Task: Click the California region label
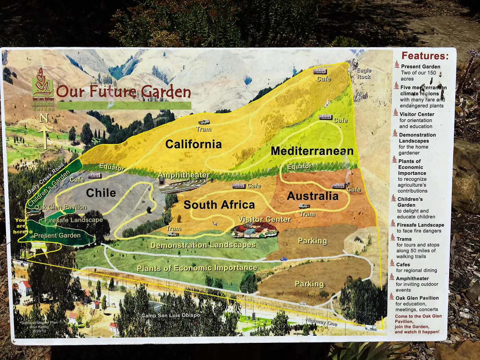(x=193, y=144)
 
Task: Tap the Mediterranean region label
(x=312, y=151)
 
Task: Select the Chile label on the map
(x=101, y=193)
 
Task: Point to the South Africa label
(x=219, y=205)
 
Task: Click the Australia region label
(x=313, y=196)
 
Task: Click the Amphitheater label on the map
(x=183, y=175)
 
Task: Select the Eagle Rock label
(x=364, y=73)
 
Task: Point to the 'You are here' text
(x=21, y=226)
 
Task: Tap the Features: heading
(x=425, y=56)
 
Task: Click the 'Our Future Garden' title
(x=123, y=92)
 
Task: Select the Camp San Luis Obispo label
(x=170, y=315)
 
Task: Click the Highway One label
(x=321, y=322)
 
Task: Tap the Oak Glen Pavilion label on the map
(x=61, y=207)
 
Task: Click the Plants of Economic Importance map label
(x=197, y=268)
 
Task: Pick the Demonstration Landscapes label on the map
(x=203, y=245)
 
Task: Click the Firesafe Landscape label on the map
(x=73, y=220)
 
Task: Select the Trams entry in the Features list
(x=404, y=239)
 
